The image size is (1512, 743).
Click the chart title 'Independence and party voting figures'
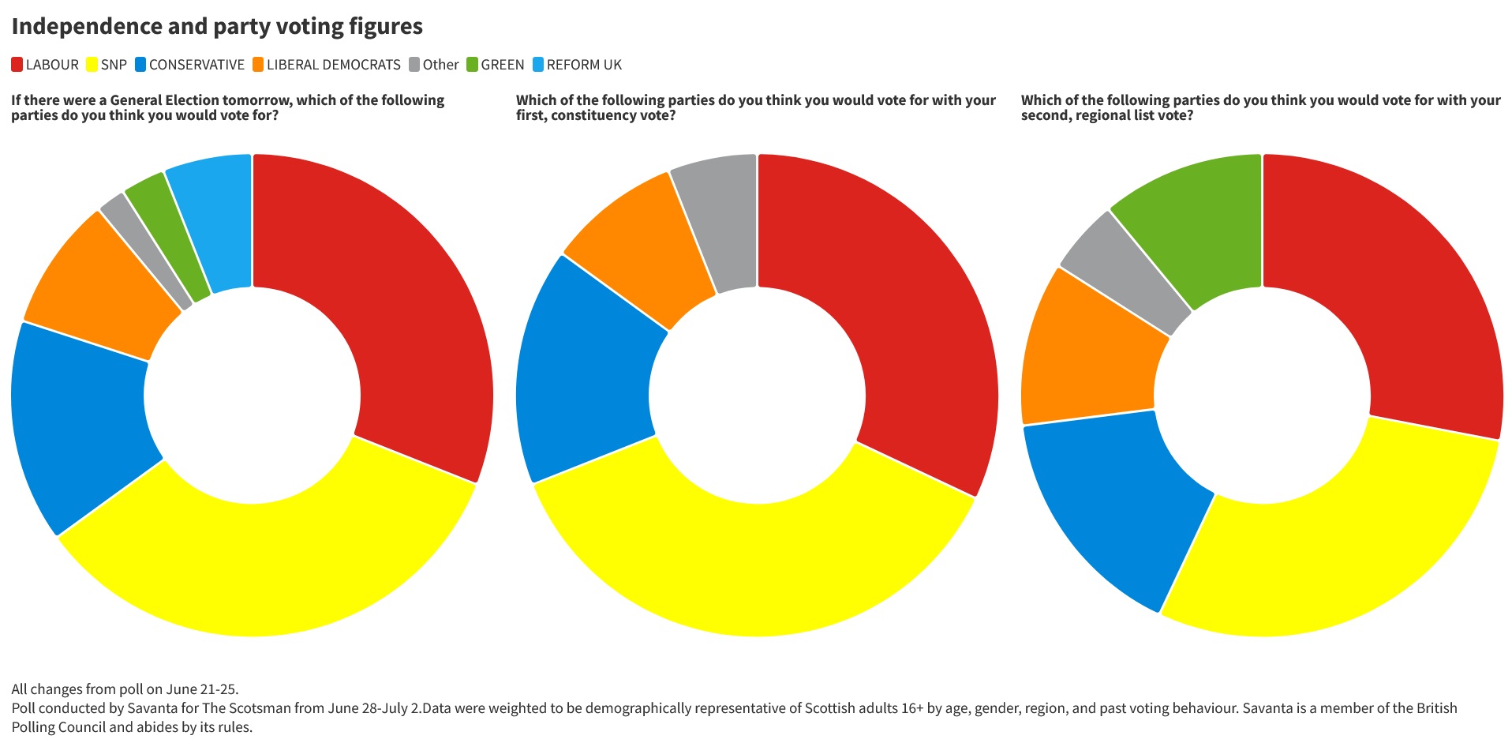pyautogui.click(x=217, y=27)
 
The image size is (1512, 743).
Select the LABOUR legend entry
pyautogui.click(x=45, y=65)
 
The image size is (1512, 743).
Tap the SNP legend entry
pyautogui.click(x=107, y=65)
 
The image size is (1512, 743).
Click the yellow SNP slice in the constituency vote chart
pyautogui.click(x=754, y=569)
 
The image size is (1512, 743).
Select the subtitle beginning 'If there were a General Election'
pyautogui.click(x=227, y=107)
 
